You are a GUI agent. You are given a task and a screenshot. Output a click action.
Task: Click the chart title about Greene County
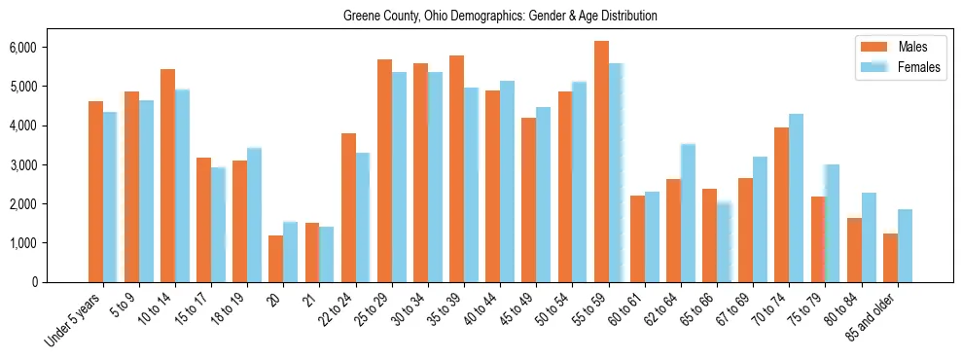tap(500, 17)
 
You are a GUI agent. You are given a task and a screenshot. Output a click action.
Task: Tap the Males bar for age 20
tap(276, 259)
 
